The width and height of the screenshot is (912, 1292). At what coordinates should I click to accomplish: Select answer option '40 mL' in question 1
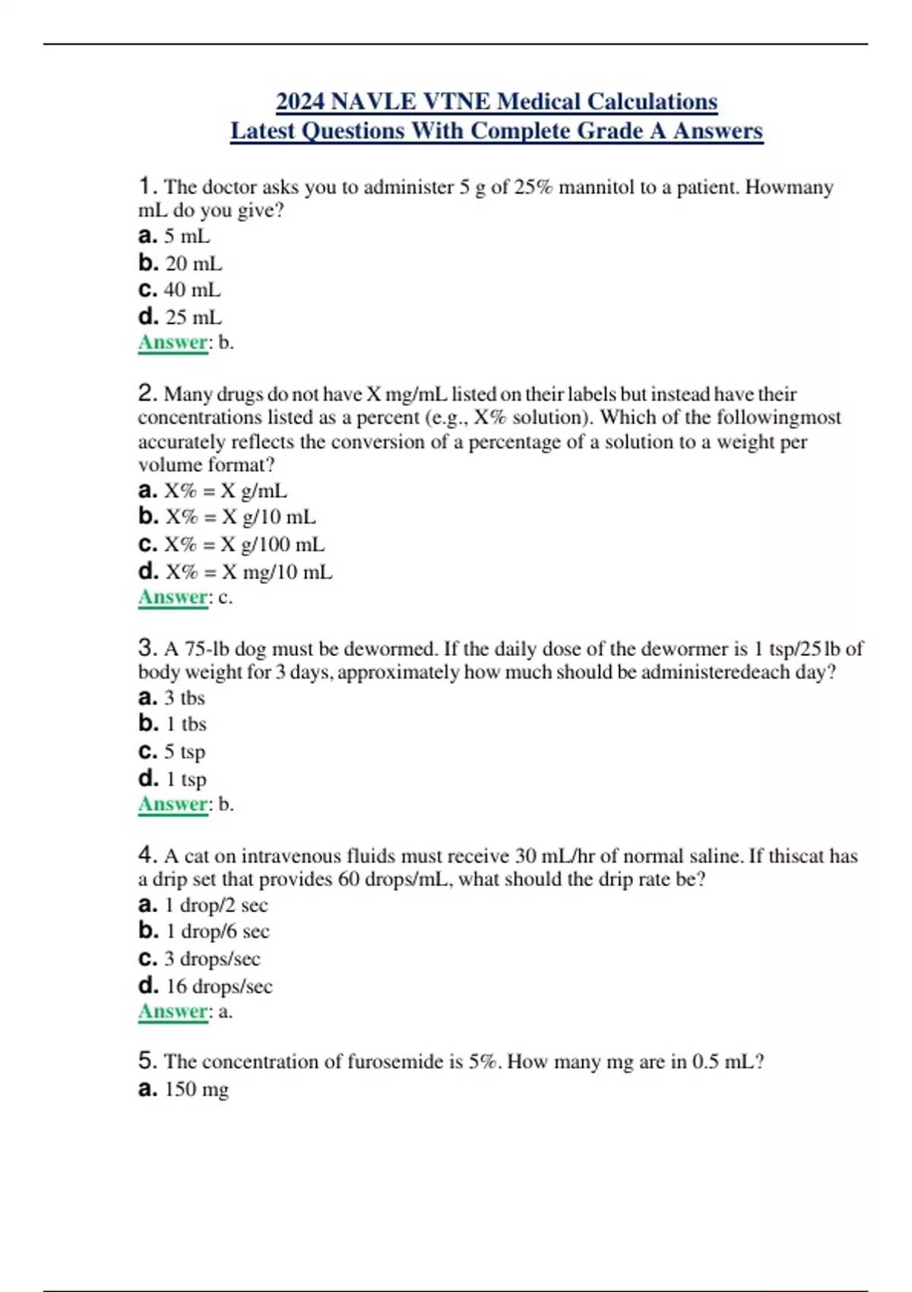[x=192, y=290]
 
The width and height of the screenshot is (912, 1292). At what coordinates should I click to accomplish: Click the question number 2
[x=147, y=394]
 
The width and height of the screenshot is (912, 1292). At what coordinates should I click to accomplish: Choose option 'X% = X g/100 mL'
[x=244, y=545]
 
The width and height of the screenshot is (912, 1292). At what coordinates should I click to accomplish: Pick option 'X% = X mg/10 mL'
[x=249, y=572]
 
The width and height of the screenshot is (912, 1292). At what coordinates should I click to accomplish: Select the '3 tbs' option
[x=184, y=698]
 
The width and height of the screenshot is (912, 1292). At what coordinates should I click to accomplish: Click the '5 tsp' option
[x=185, y=752]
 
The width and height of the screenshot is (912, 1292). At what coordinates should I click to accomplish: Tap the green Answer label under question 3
[x=173, y=804]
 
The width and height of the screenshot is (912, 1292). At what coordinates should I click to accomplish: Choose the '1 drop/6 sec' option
[x=217, y=932]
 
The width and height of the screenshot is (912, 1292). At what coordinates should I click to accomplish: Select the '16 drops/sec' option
[x=219, y=986]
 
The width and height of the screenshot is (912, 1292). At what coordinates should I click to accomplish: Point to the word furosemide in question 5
[x=395, y=1062]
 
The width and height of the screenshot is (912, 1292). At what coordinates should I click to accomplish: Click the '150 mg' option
[x=196, y=1090]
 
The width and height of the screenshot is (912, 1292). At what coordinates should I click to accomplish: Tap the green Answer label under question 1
[x=173, y=343]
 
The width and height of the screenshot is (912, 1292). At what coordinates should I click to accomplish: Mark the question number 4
[x=147, y=856]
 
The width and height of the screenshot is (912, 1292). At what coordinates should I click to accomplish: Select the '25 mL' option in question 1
[x=193, y=318]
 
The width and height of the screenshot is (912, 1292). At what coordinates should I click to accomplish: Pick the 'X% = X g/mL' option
[x=226, y=491]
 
